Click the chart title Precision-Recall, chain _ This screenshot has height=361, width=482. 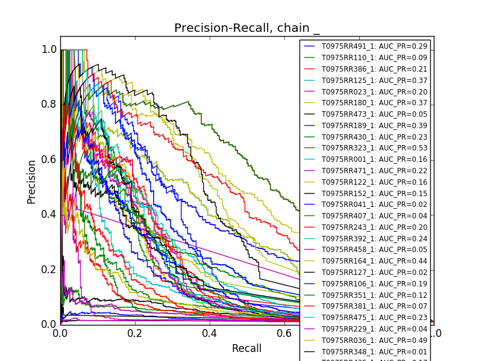(x=247, y=28)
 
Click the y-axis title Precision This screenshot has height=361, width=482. (x=32, y=182)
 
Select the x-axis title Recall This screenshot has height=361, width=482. (x=247, y=348)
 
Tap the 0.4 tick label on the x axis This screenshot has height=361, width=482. (x=210, y=333)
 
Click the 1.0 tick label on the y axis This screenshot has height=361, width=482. (x=49, y=50)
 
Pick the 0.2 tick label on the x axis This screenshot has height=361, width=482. (x=135, y=333)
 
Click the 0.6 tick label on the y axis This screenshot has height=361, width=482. (x=49, y=159)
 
